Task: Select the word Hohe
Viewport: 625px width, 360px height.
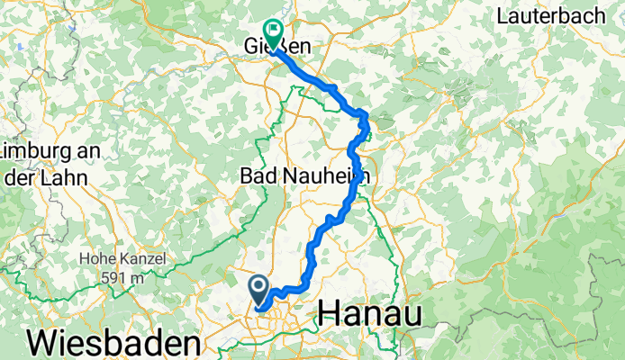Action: point(98,259)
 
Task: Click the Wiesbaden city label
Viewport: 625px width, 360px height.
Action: point(114,343)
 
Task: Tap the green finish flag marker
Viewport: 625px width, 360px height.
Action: point(270,30)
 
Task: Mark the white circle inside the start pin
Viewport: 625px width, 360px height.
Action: point(258,287)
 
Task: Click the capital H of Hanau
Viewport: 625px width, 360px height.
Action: point(331,313)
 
